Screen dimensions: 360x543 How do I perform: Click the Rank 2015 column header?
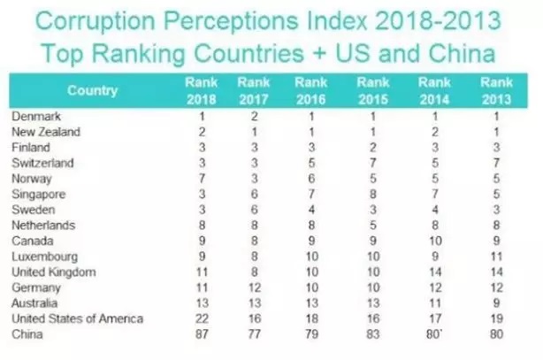374,89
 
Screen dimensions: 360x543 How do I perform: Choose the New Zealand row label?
44,132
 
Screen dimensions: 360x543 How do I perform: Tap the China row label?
27,334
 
